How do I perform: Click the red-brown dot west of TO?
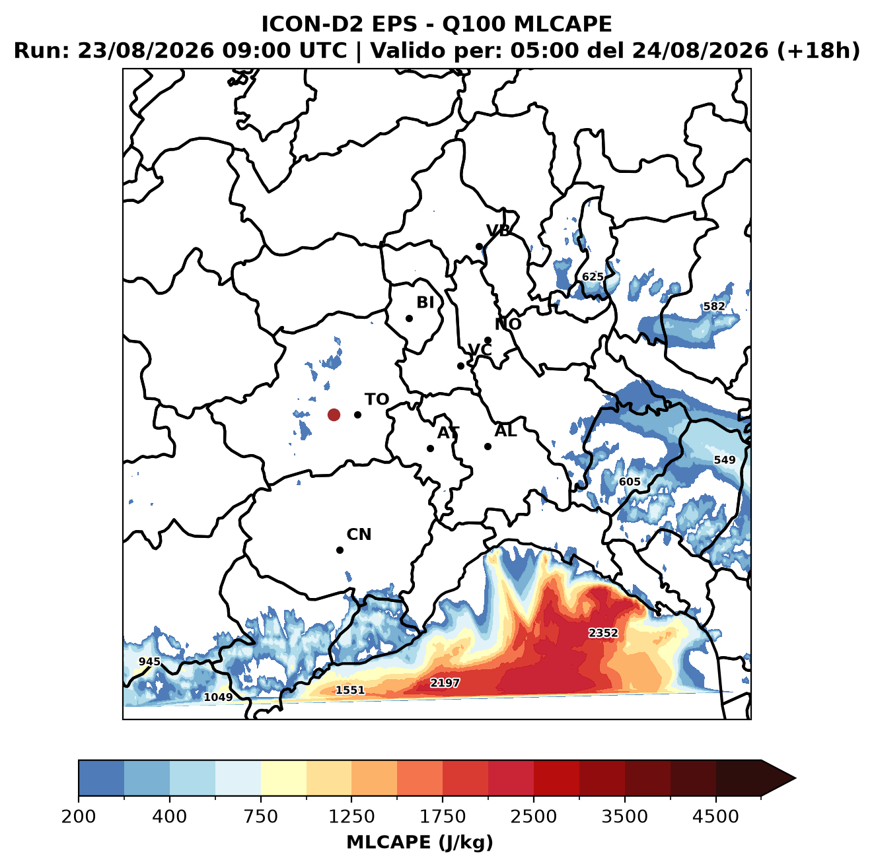pos(334,415)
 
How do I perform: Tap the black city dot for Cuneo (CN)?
pos(340,550)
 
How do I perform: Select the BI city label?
pos(425,302)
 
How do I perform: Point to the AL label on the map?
pos(505,430)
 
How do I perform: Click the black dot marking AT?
pos(431,449)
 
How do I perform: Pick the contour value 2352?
pos(603,633)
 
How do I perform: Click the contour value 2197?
pos(445,683)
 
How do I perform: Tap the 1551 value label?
pos(349,690)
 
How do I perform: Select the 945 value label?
pos(150,661)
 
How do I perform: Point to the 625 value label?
pos(593,277)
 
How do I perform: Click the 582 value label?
pos(714,306)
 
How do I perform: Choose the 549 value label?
pos(724,460)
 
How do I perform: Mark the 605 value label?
pos(630,482)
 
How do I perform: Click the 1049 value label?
pos(218,697)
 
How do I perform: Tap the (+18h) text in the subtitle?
pos(818,50)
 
